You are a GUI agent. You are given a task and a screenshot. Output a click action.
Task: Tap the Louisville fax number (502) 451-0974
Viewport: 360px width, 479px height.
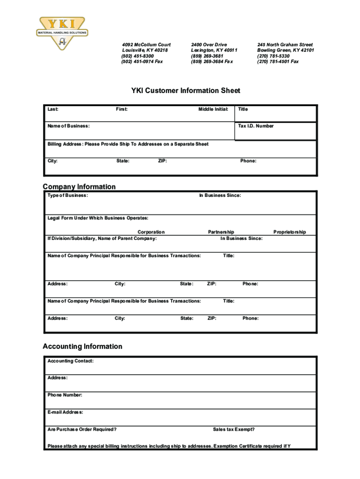click(142, 61)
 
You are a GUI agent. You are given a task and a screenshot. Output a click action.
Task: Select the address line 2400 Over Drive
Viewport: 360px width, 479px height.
click(209, 45)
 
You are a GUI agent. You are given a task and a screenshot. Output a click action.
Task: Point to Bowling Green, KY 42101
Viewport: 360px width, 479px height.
click(285, 51)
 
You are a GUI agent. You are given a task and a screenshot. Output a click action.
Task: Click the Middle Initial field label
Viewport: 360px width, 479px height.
click(213, 109)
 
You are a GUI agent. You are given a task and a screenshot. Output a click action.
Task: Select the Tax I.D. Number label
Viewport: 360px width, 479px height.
click(256, 126)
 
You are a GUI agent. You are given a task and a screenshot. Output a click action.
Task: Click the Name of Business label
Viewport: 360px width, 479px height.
click(69, 126)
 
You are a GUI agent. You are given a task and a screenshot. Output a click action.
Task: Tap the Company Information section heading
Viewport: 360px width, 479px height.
click(79, 187)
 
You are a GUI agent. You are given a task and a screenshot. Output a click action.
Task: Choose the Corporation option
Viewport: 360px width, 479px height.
click(151, 232)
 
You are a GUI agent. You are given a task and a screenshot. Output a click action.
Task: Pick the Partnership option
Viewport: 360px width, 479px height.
click(221, 232)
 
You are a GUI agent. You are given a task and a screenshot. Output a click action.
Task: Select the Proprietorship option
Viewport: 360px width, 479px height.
click(290, 232)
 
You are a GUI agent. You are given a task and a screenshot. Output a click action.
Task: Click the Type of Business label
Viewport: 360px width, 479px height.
click(67, 196)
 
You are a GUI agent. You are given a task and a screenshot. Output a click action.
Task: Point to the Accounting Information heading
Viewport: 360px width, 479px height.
click(82, 347)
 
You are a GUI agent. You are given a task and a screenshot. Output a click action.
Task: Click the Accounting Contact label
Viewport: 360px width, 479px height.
click(71, 361)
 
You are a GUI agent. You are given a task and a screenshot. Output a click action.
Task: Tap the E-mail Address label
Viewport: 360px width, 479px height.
click(65, 413)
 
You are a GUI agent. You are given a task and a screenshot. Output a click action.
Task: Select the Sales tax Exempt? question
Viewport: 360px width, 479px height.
click(234, 429)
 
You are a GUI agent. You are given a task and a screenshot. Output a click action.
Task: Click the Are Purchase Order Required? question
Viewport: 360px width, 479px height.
click(82, 429)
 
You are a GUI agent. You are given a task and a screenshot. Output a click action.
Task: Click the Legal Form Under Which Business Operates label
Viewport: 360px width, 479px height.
click(98, 218)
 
